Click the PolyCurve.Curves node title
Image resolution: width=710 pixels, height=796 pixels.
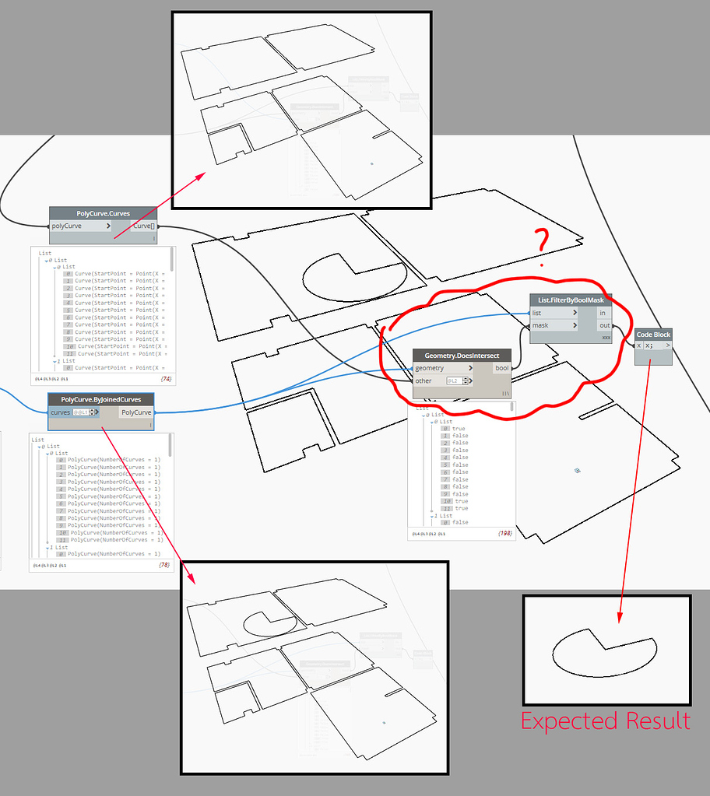pos(103,213)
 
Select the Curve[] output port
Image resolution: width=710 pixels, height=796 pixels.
pos(143,226)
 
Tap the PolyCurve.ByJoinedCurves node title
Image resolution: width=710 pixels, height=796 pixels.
pos(100,399)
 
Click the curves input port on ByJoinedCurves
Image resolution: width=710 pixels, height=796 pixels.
pos(60,412)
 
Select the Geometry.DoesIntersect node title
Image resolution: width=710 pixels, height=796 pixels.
pos(462,355)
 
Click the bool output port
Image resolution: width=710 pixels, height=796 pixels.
pos(501,368)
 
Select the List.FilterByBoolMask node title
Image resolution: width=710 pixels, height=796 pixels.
pos(571,300)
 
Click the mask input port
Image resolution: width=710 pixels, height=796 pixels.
pos(540,326)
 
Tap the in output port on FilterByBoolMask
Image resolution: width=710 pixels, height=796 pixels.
pos(603,313)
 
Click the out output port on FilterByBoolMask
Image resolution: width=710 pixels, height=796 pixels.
pos(604,326)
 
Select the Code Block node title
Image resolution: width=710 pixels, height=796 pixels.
pos(652,335)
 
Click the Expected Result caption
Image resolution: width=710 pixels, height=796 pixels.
pos(605,721)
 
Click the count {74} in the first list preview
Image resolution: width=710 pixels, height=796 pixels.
pos(165,379)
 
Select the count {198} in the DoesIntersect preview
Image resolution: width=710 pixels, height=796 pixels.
pos(504,534)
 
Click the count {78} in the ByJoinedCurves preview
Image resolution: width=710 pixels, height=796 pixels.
pos(164,565)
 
